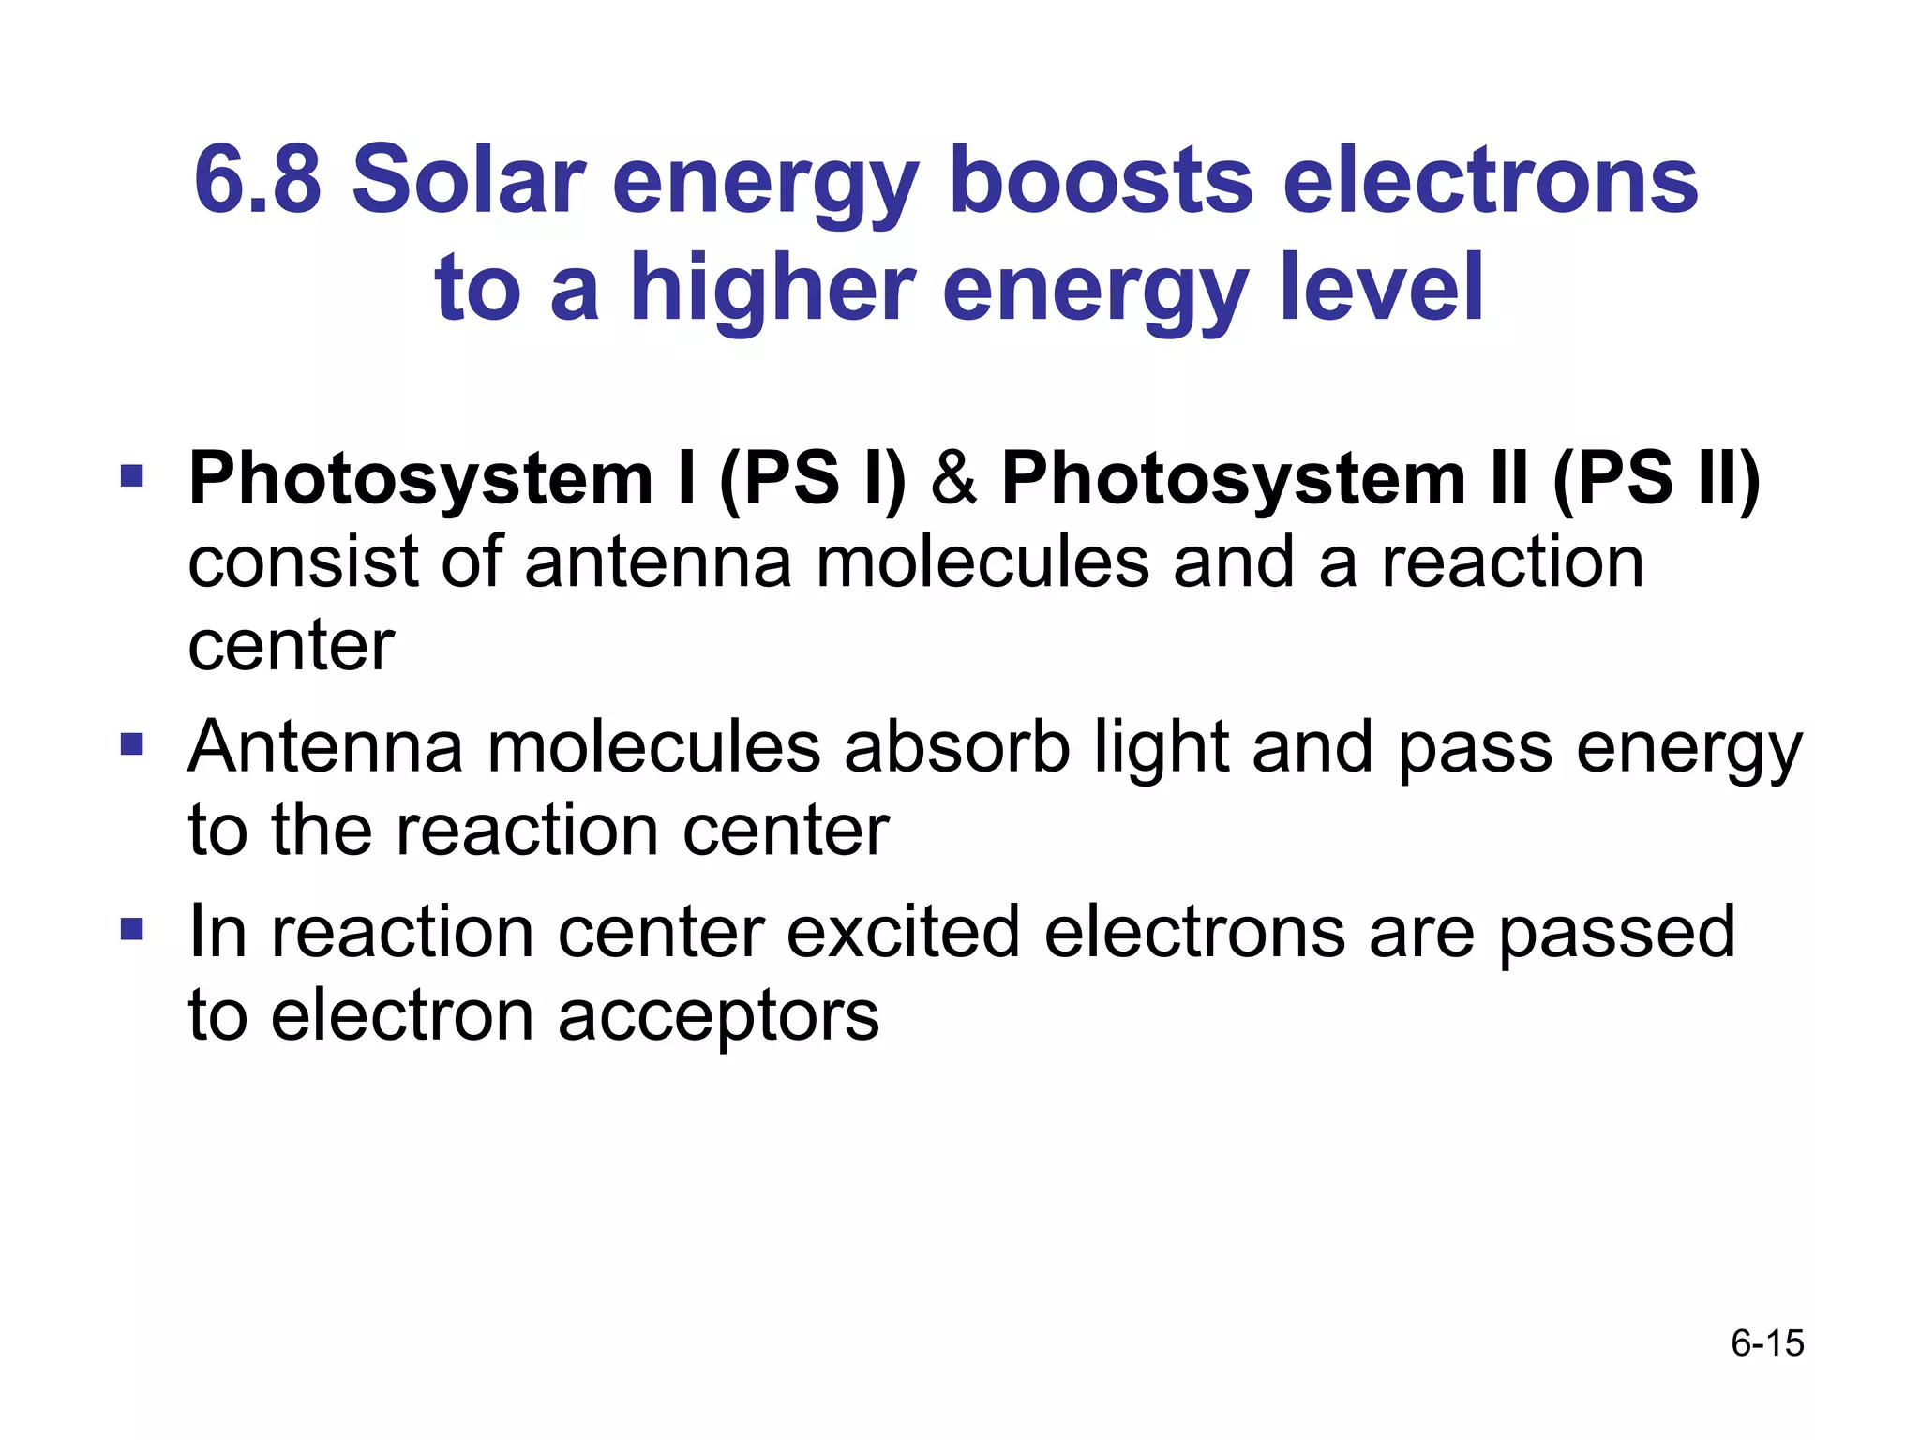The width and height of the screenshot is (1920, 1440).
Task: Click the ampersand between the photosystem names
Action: [x=953, y=479]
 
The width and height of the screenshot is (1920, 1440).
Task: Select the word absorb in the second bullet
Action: [x=956, y=747]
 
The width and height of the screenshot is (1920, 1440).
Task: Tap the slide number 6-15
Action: [x=1767, y=1343]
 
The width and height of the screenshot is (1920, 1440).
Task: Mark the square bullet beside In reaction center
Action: [x=132, y=929]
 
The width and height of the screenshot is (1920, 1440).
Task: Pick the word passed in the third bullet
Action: [x=1616, y=934]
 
